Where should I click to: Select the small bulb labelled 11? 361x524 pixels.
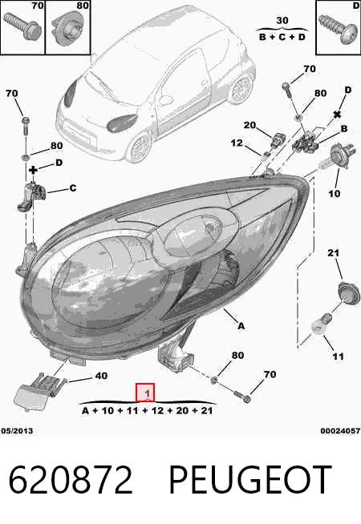(321, 323)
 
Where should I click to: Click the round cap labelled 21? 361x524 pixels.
(349, 292)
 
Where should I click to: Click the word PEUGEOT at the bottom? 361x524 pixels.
(249, 479)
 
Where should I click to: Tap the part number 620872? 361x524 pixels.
(71, 479)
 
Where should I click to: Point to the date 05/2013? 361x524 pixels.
(17, 430)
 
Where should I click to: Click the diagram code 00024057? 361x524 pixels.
(340, 431)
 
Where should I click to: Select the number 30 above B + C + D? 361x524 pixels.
(282, 21)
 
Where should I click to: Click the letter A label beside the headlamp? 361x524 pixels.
(241, 326)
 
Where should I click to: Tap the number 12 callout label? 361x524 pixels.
(237, 143)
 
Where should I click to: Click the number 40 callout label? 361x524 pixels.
(101, 376)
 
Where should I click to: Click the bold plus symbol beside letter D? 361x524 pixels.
(33, 170)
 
